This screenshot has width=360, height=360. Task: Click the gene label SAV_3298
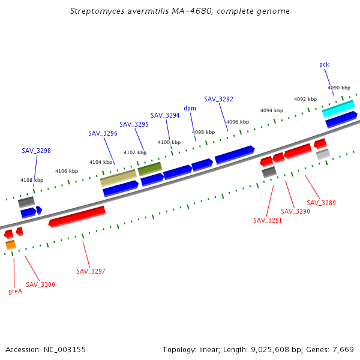click(x=36, y=151)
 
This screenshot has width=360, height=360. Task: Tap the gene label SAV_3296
click(x=103, y=133)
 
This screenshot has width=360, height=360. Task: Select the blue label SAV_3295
click(x=134, y=124)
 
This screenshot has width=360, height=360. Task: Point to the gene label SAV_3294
click(x=165, y=115)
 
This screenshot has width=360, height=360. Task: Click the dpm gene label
click(x=190, y=108)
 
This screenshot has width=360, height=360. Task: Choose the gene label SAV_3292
click(x=218, y=99)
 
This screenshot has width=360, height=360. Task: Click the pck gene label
click(x=324, y=64)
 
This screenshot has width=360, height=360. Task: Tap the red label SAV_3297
click(x=91, y=271)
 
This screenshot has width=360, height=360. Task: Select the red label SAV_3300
click(x=40, y=284)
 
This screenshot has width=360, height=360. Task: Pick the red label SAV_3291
click(x=268, y=220)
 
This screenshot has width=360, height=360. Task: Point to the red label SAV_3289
click(x=321, y=203)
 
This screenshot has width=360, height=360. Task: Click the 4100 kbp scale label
click(x=169, y=142)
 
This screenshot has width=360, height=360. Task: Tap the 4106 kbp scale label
click(x=67, y=171)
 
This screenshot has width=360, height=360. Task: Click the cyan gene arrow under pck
click(x=338, y=109)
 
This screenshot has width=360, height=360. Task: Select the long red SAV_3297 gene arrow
click(x=77, y=216)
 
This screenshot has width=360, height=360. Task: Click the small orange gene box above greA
click(x=10, y=245)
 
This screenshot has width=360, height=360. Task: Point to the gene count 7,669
click(x=342, y=349)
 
